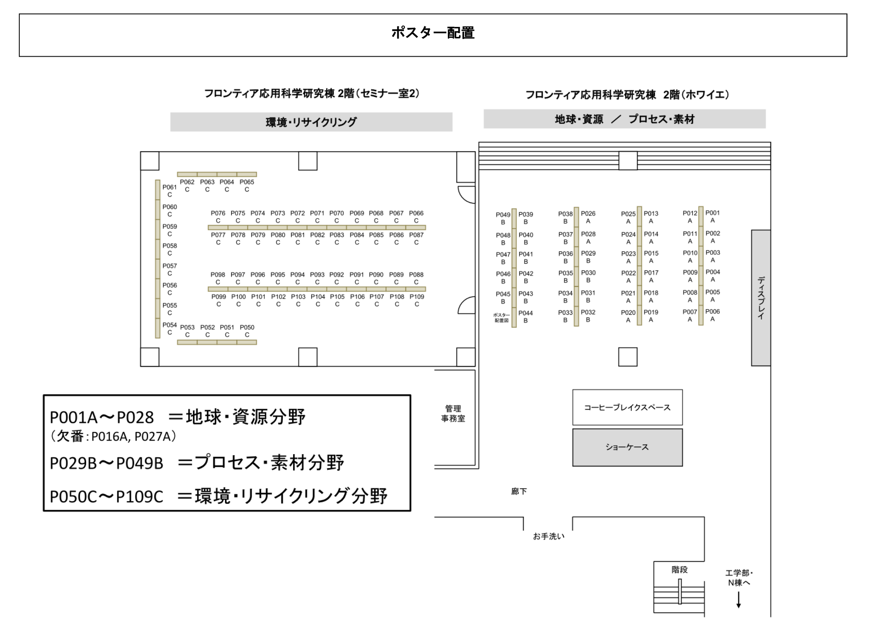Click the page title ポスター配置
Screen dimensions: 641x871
pos(433,33)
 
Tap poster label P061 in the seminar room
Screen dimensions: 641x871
pos(169,187)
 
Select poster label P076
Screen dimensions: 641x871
pos(218,214)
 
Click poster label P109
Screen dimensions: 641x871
pos(417,297)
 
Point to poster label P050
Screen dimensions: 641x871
pos(247,328)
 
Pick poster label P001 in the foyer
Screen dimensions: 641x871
pos(713,213)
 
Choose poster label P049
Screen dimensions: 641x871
pos(503,215)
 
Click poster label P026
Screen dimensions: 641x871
pos(588,214)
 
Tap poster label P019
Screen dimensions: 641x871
pos(651,312)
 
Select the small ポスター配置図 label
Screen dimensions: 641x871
pos(501,318)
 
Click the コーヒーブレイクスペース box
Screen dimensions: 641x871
pos(627,407)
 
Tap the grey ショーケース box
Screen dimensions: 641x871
pos(627,447)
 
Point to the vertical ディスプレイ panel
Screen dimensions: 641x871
pos(760,298)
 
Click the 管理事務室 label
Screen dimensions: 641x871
pos(453,414)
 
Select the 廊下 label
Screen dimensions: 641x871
pos(519,492)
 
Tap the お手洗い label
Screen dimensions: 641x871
pos(549,537)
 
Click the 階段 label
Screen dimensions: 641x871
pos(679,570)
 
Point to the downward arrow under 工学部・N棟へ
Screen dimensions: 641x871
pos(739,600)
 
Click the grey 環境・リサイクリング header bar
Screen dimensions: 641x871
pos(311,122)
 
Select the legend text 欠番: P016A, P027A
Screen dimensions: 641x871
pos(113,436)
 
